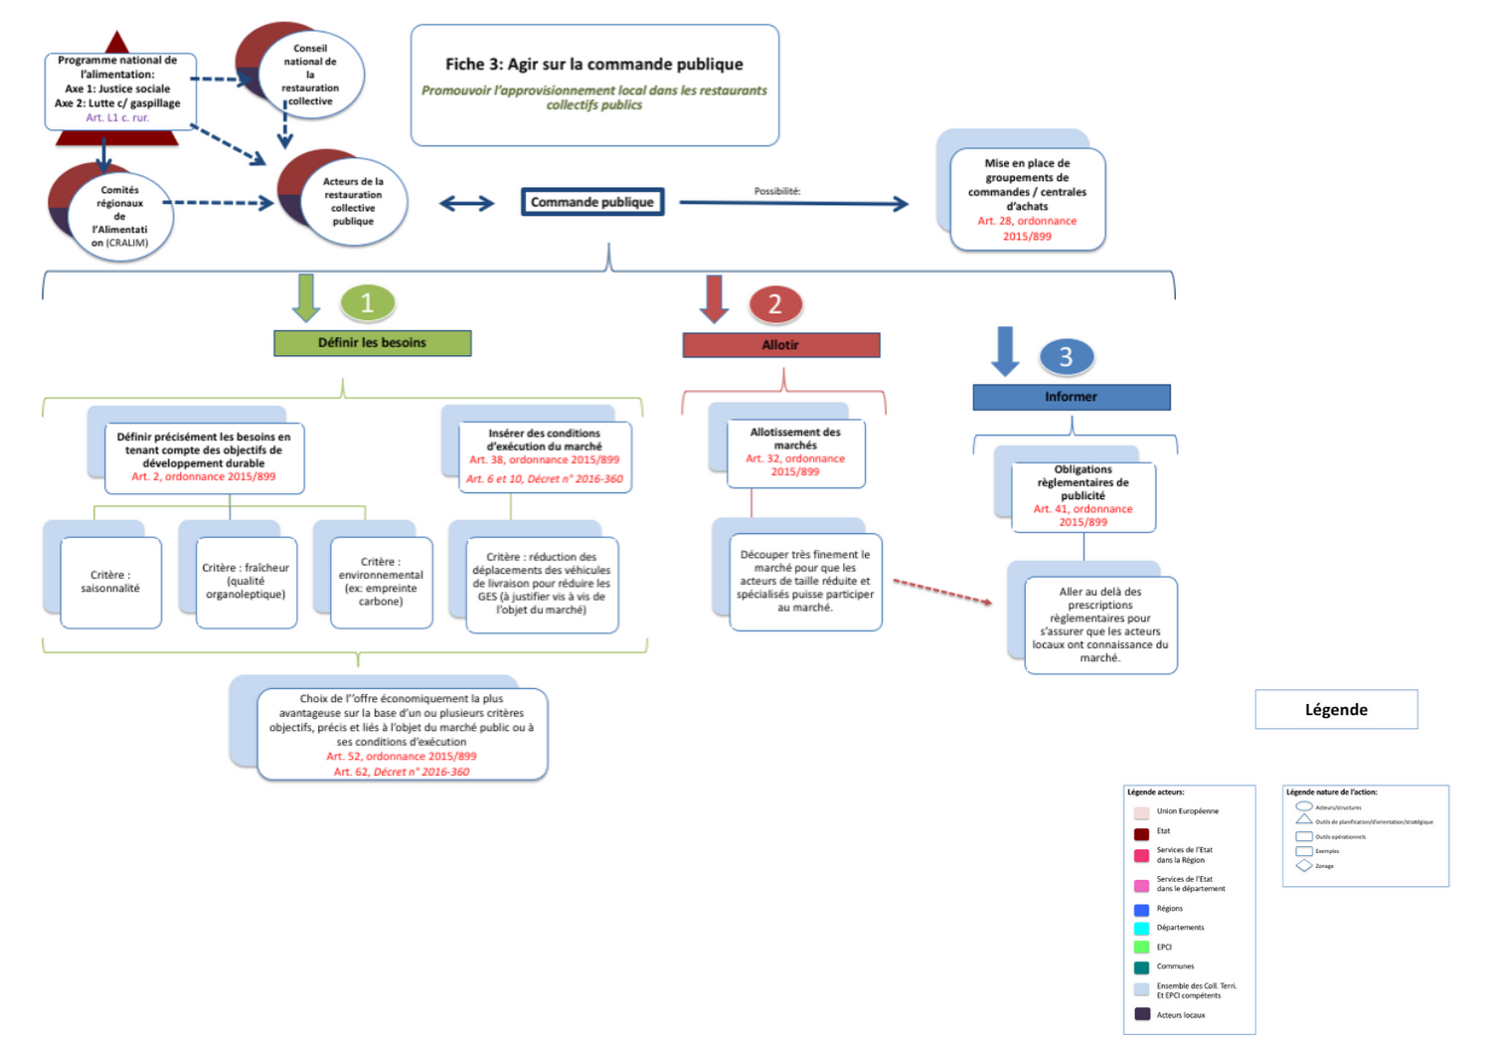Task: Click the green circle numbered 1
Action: pyautogui.click(x=367, y=302)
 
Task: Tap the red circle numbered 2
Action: pyautogui.click(x=775, y=303)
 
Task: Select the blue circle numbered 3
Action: pyautogui.click(x=1066, y=356)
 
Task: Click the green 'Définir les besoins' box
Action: pyautogui.click(x=373, y=343)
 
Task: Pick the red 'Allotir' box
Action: pyautogui.click(x=780, y=345)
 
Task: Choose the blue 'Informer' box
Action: pyautogui.click(x=1071, y=397)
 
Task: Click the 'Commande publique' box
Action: pyautogui.click(x=592, y=202)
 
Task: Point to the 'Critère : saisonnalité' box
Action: pyautogui.click(x=110, y=582)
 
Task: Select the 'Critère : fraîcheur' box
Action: pyautogui.click(x=246, y=582)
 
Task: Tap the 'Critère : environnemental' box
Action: pyautogui.click(x=381, y=582)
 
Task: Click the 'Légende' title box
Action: pyautogui.click(x=1336, y=709)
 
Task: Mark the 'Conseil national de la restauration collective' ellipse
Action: pyautogui.click(x=310, y=75)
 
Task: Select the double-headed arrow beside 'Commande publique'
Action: pyautogui.click(x=466, y=204)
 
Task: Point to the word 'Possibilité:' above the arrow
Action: pyautogui.click(x=777, y=191)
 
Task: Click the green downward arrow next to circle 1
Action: pyautogui.click(x=306, y=297)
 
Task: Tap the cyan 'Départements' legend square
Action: pyautogui.click(x=1141, y=928)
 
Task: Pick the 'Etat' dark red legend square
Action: pyautogui.click(x=1141, y=833)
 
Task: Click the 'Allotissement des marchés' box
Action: pyautogui.click(x=795, y=452)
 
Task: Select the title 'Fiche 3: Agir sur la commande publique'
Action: pyautogui.click(x=594, y=65)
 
